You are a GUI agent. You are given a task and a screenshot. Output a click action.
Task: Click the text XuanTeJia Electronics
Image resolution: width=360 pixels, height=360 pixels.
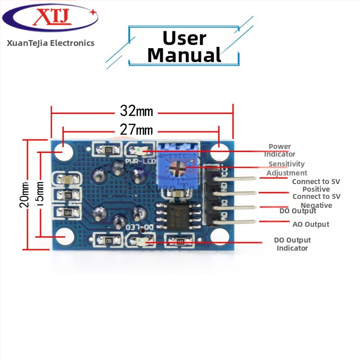[50, 43]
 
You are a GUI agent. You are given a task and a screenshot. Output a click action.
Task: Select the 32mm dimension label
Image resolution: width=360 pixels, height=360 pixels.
[136, 111]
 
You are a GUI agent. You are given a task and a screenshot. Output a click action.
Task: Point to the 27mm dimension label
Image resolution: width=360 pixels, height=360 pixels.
[136, 130]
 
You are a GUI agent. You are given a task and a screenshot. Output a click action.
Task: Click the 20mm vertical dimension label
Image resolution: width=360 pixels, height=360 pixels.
[24, 194]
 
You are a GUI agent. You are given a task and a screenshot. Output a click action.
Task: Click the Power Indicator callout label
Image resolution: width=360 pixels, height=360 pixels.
[280, 150]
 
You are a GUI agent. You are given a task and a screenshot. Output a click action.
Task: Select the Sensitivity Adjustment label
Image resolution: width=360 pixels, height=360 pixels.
[287, 168]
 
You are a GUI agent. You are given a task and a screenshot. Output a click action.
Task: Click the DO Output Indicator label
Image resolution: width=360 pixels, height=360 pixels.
[292, 244]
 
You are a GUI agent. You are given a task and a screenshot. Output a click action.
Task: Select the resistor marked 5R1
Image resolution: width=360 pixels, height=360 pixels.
[68, 212]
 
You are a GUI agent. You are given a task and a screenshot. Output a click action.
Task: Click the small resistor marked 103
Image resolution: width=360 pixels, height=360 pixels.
[180, 242]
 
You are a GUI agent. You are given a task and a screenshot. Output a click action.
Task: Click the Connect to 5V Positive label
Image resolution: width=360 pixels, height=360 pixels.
[316, 185]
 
